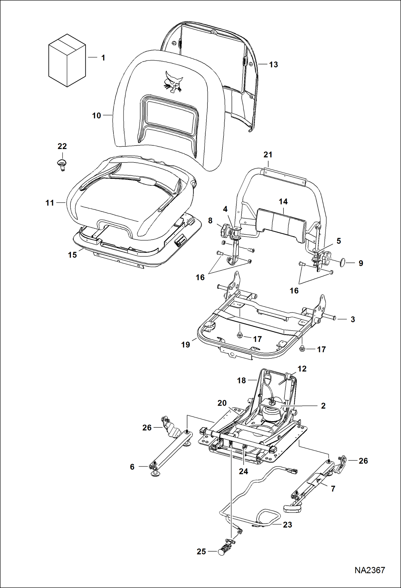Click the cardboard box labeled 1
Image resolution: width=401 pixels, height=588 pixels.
click(67, 60)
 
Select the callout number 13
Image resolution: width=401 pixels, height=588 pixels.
click(273, 65)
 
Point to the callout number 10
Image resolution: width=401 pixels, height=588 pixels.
click(96, 116)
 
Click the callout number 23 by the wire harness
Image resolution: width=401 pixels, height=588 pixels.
click(287, 524)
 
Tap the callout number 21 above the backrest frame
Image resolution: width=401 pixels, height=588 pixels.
click(268, 155)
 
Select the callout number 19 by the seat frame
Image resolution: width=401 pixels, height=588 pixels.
click(186, 345)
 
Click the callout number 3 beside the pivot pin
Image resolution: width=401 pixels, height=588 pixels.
click(353, 319)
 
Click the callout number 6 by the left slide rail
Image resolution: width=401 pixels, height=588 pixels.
click(132, 467)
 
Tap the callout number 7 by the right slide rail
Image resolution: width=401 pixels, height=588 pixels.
click(333, 489)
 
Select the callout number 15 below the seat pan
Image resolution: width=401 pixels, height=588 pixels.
click(72, 255)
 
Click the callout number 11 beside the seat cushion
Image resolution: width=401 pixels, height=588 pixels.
click(50, 203)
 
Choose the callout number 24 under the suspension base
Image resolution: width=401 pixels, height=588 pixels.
click(243, 471)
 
